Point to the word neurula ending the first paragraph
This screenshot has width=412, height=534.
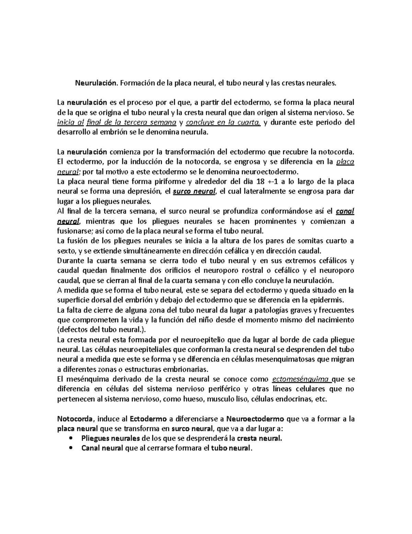pyautogui.click(x=194, y=132)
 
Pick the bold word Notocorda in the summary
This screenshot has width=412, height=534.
pyautogui.click(x=75, y=419)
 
